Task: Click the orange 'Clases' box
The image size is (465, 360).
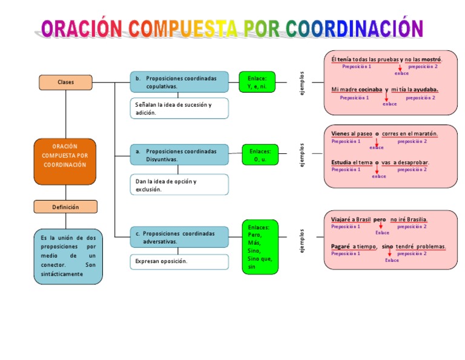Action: tap(65, 82)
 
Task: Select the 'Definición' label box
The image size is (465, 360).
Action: tap(65, 207)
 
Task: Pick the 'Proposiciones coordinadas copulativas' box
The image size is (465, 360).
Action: tap(179, 82)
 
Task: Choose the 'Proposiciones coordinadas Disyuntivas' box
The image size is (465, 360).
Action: tap(179, 155)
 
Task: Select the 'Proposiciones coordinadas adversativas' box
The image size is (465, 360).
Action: tap(179, 237)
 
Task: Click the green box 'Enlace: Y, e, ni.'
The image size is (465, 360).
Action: tap(257, 82)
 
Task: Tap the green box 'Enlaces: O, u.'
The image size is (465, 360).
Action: tap(260, 155)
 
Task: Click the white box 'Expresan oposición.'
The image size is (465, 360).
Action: tap(179, 261)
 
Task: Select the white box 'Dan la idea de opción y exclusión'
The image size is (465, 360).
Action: tap(179, 185)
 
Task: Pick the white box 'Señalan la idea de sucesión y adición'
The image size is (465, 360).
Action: tap(179, 108)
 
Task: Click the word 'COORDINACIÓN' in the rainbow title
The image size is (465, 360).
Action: tap(354, 28)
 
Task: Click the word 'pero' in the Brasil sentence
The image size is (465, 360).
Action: tap(380, 219)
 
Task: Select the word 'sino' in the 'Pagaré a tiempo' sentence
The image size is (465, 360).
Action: tap(387, 247)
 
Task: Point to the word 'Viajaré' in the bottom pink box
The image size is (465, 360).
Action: tap(342, 219)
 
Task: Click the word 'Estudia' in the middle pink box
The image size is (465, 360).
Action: tap(343, 162)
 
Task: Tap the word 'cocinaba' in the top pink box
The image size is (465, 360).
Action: tap(370, 90)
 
